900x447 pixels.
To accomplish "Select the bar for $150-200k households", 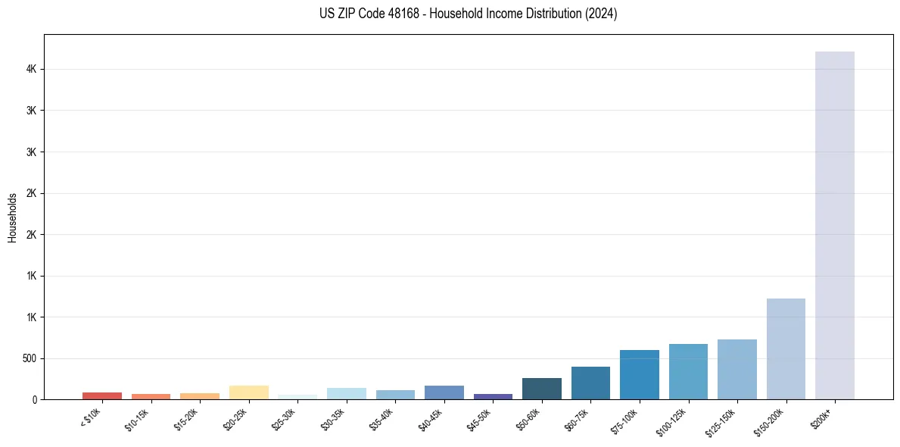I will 786,349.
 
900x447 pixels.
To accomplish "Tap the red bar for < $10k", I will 102,395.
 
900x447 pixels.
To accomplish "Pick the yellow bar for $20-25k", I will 248,392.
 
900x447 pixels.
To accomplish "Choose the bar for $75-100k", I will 639,374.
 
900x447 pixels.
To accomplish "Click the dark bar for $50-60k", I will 541,389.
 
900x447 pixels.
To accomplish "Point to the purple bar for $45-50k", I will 493,396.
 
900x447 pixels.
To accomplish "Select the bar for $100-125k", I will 688,371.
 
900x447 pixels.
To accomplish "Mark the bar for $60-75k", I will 590,383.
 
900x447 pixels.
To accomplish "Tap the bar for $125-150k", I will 737,369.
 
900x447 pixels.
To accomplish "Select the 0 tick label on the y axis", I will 34,399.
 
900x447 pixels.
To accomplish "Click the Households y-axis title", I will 13,217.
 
